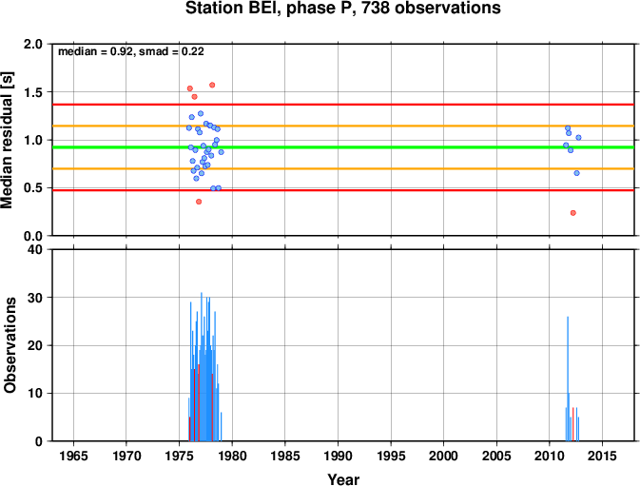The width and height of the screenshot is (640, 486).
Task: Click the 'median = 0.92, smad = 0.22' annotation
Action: pos(131,51)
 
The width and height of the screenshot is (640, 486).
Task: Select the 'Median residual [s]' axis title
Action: pos(7,140)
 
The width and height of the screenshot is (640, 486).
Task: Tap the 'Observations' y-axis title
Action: pos(10,345)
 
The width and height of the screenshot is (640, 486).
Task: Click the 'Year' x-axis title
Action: pos(343,479)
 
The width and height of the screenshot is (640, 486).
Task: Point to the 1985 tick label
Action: pos(285,456)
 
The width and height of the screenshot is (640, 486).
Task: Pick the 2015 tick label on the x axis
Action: pos(602,456)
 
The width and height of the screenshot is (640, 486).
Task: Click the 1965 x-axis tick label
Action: pos(73,456)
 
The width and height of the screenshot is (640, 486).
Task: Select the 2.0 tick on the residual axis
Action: pos(33,44)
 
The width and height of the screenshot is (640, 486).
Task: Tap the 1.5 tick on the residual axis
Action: pos(33,92)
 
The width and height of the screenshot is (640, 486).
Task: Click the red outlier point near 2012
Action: pos(573,213)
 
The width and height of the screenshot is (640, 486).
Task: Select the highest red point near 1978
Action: pos(212,86)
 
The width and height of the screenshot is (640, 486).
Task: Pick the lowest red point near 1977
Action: pos(199,202)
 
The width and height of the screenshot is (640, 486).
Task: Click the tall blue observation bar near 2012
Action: pos(568,379)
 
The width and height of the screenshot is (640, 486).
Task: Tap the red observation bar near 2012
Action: pos(573,424)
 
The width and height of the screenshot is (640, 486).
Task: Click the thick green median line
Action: pos(343,147)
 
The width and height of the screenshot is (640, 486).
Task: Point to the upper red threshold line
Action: pos(343,105)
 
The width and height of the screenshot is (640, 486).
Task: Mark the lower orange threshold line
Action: pos(343,168)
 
